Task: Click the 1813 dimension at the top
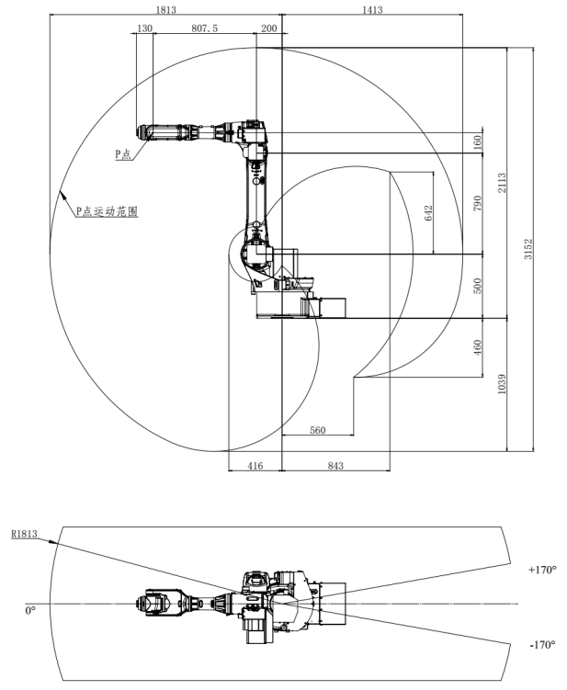(x=166, y=10)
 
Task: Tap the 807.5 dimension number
(x=203, y=28)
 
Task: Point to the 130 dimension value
(x=144, y=28)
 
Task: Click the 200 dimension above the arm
(x=268, y=28)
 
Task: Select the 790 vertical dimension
(x=478, y=203)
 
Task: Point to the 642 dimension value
(x=429, y=212)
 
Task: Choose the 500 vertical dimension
(x=478, y=286)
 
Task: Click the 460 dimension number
(x=478, y=347)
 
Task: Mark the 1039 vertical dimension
(x=502, y=384)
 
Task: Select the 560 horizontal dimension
(x=318, y=429)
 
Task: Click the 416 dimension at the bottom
(x=255, y=467)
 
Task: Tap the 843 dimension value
(x=335, y=467)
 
